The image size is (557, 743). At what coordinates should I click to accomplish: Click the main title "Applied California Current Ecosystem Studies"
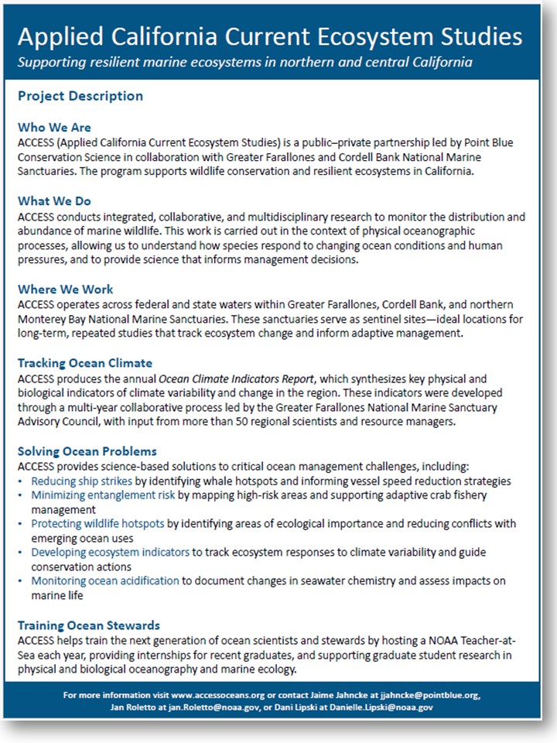pos(269,36)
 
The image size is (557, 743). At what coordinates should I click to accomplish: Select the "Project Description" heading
pos(80,97)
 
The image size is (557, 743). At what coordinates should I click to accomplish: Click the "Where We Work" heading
pos(67,289)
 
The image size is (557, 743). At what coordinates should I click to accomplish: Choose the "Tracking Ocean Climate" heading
pos(85,363)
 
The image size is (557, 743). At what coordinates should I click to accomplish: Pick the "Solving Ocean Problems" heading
pos(87,451)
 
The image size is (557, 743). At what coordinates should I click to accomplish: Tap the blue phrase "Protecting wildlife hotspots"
pos(97,524)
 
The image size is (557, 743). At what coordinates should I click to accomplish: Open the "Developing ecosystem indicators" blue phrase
pos(110,553)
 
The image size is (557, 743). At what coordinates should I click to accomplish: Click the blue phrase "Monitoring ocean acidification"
pos(105,581)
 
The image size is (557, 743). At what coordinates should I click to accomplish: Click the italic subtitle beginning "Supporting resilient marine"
pos(245,61)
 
